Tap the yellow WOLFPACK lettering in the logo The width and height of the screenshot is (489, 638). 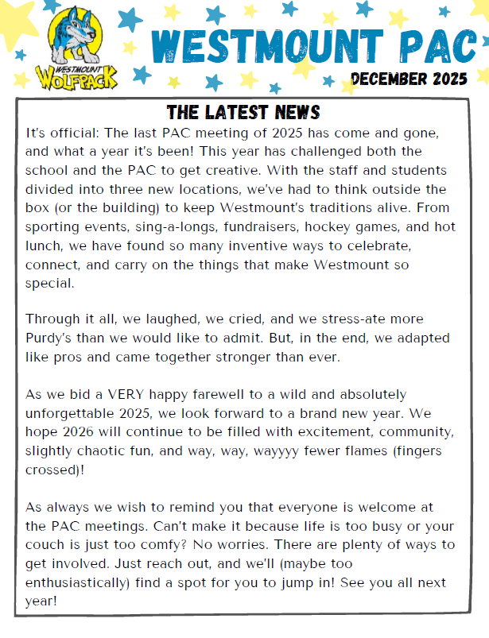[76, 79]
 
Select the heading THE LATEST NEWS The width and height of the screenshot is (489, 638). [243, 111]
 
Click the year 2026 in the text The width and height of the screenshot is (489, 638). [87, 432]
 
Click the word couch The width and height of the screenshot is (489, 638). [49, 545]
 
